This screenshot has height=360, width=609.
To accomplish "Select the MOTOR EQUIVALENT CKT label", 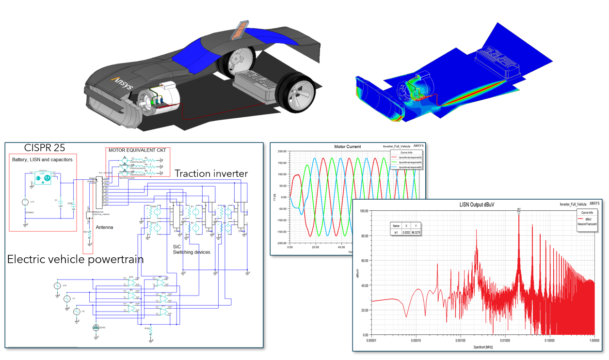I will click(138, 151).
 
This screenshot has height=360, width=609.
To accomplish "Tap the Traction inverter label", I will click(211, 173).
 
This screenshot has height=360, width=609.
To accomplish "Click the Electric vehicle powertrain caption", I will click(75, 259).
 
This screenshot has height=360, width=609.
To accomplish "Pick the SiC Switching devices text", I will click(192, 249).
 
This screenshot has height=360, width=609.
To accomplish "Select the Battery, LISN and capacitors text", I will click(42, 159).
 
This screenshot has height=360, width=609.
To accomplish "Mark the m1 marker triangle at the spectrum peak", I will click(519, 212).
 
